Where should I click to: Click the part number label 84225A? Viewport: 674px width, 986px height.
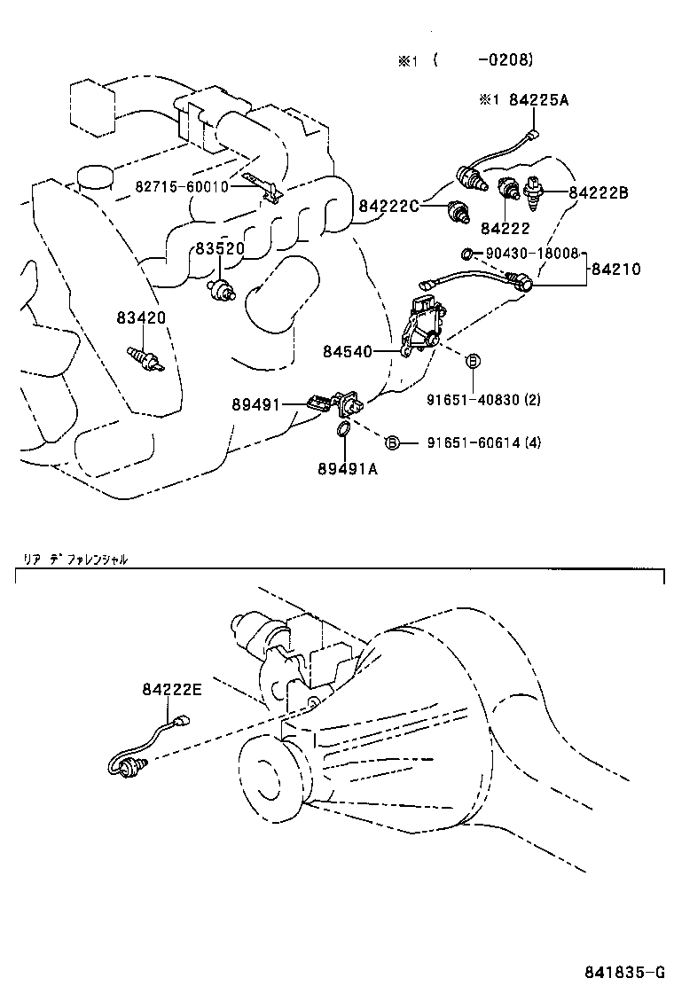538,100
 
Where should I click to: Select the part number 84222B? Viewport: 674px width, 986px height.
599,192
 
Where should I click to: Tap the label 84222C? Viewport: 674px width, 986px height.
388,207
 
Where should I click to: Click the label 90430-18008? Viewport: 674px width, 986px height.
531,253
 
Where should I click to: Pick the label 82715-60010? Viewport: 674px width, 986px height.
182,187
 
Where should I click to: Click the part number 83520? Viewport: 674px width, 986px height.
220,249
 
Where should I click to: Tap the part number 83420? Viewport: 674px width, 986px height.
140,317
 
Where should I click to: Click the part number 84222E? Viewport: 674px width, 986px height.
171,689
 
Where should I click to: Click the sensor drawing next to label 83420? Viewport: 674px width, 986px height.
147,359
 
